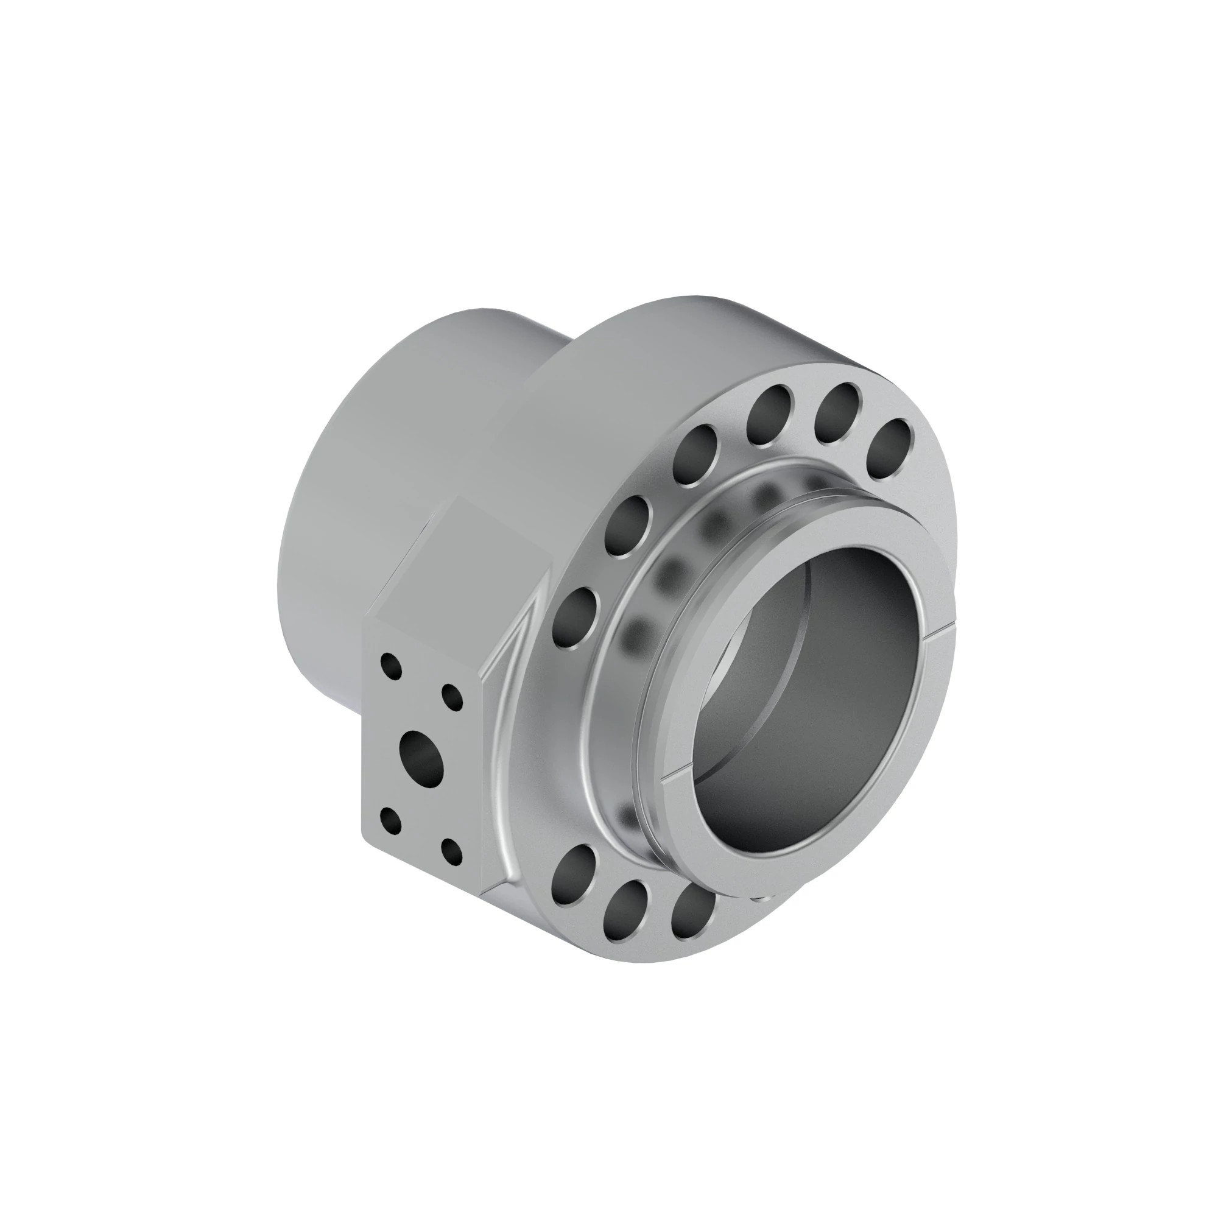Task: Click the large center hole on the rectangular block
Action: tap(422, 755)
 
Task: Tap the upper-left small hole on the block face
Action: tap(392, 666)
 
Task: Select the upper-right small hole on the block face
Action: tap(451, 697)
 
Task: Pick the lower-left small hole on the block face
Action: tap(391, 821)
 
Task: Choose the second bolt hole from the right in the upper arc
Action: tap(837, 414)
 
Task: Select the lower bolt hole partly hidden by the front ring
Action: tap(692, 909)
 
